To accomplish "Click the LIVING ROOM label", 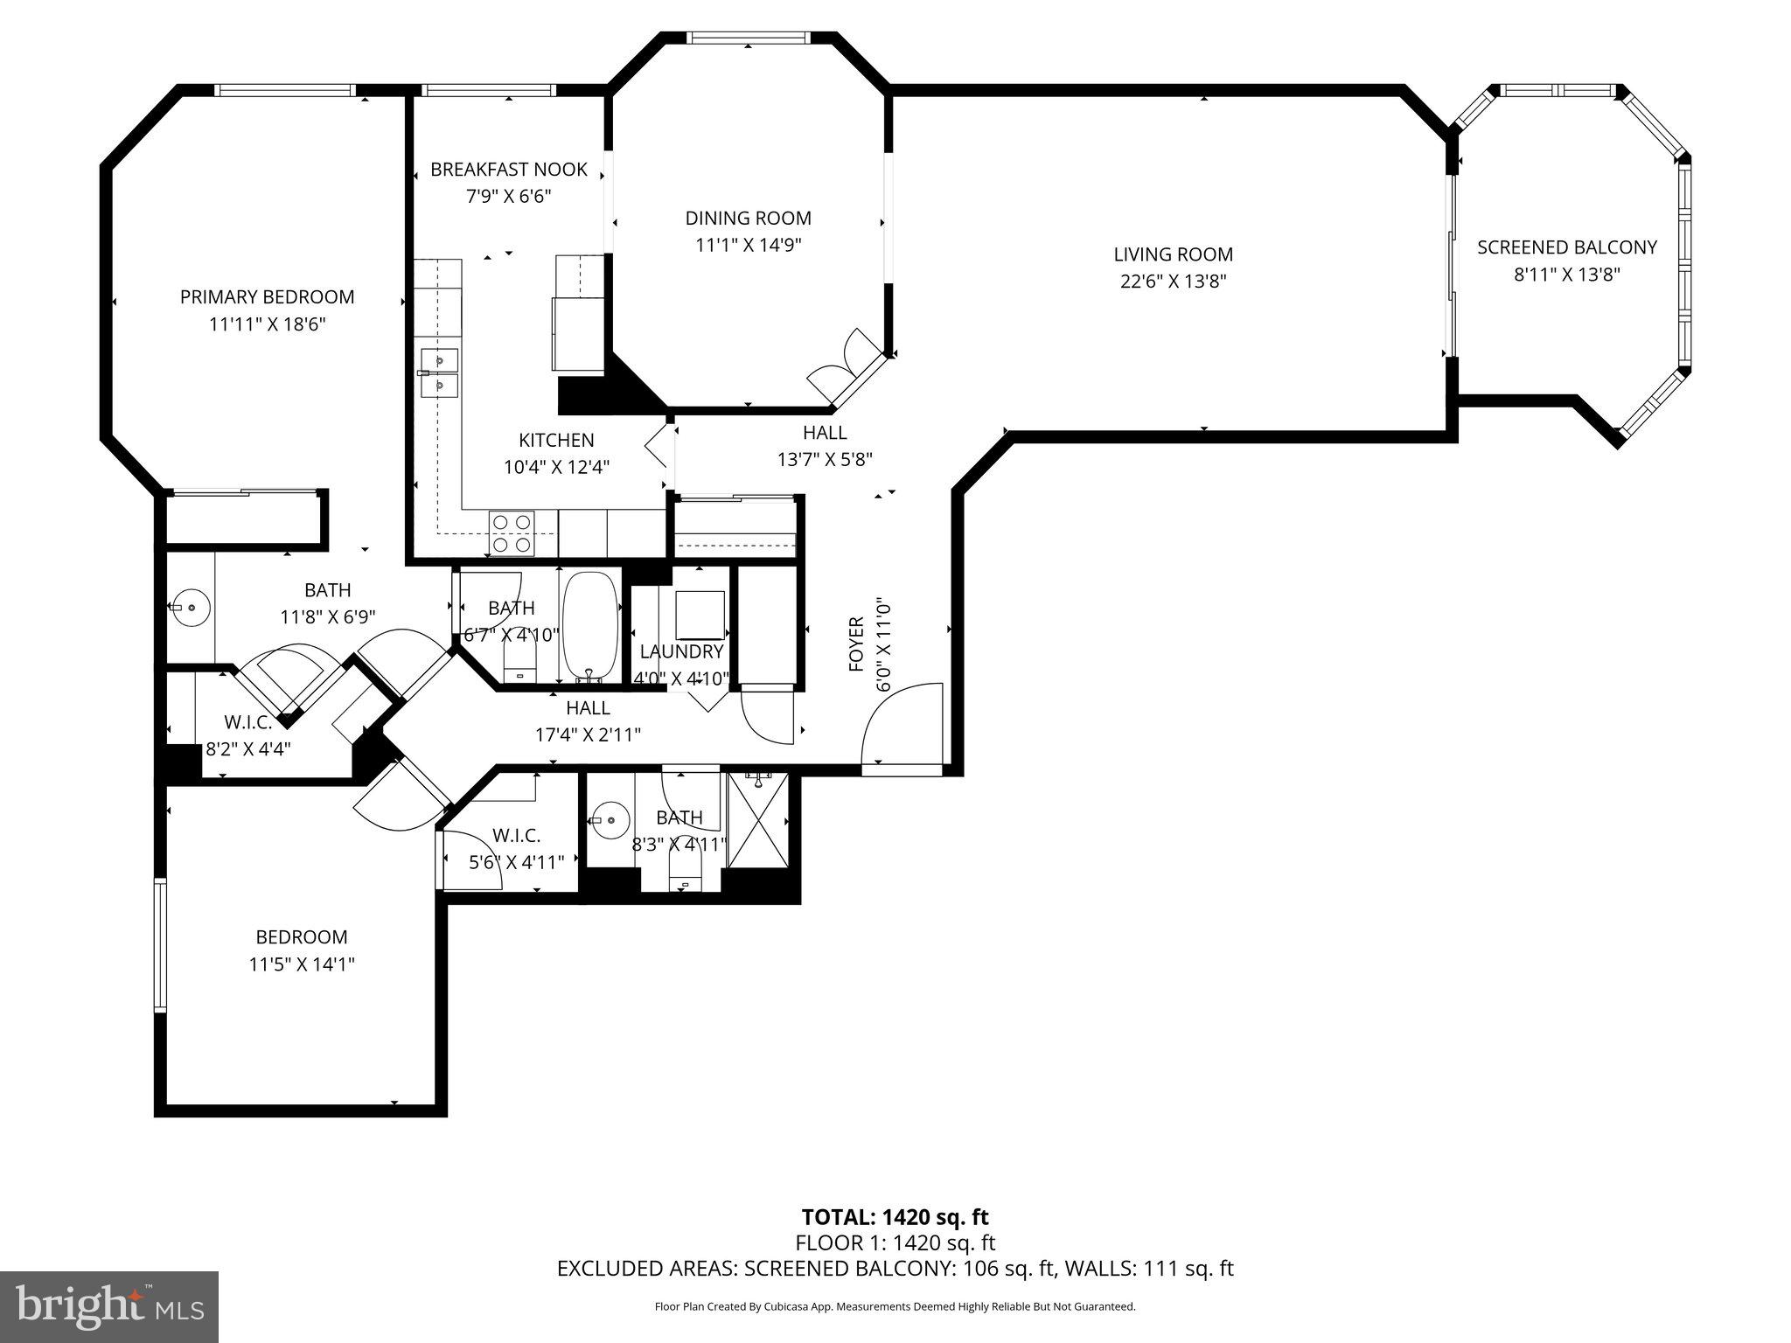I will pos(1173,254).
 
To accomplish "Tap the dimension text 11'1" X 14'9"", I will pos(748,246).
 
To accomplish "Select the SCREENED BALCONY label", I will pos(1566,247).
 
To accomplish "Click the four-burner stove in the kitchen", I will pos(512,533).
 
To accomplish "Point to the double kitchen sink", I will pos(439,372).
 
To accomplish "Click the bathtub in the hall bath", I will pos(589,625).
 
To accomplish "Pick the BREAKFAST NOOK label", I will pos(508,169).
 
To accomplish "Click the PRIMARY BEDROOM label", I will pos(267,297).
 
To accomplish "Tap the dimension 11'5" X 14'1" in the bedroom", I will pos(301,964).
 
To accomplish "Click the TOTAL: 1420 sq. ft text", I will pos(895,1217).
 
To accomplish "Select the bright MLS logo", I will pos(108,1306).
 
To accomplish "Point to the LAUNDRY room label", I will pos(681,651).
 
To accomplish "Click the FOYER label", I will pos(855,644).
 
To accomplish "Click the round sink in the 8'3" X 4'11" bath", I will pos(610,820).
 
